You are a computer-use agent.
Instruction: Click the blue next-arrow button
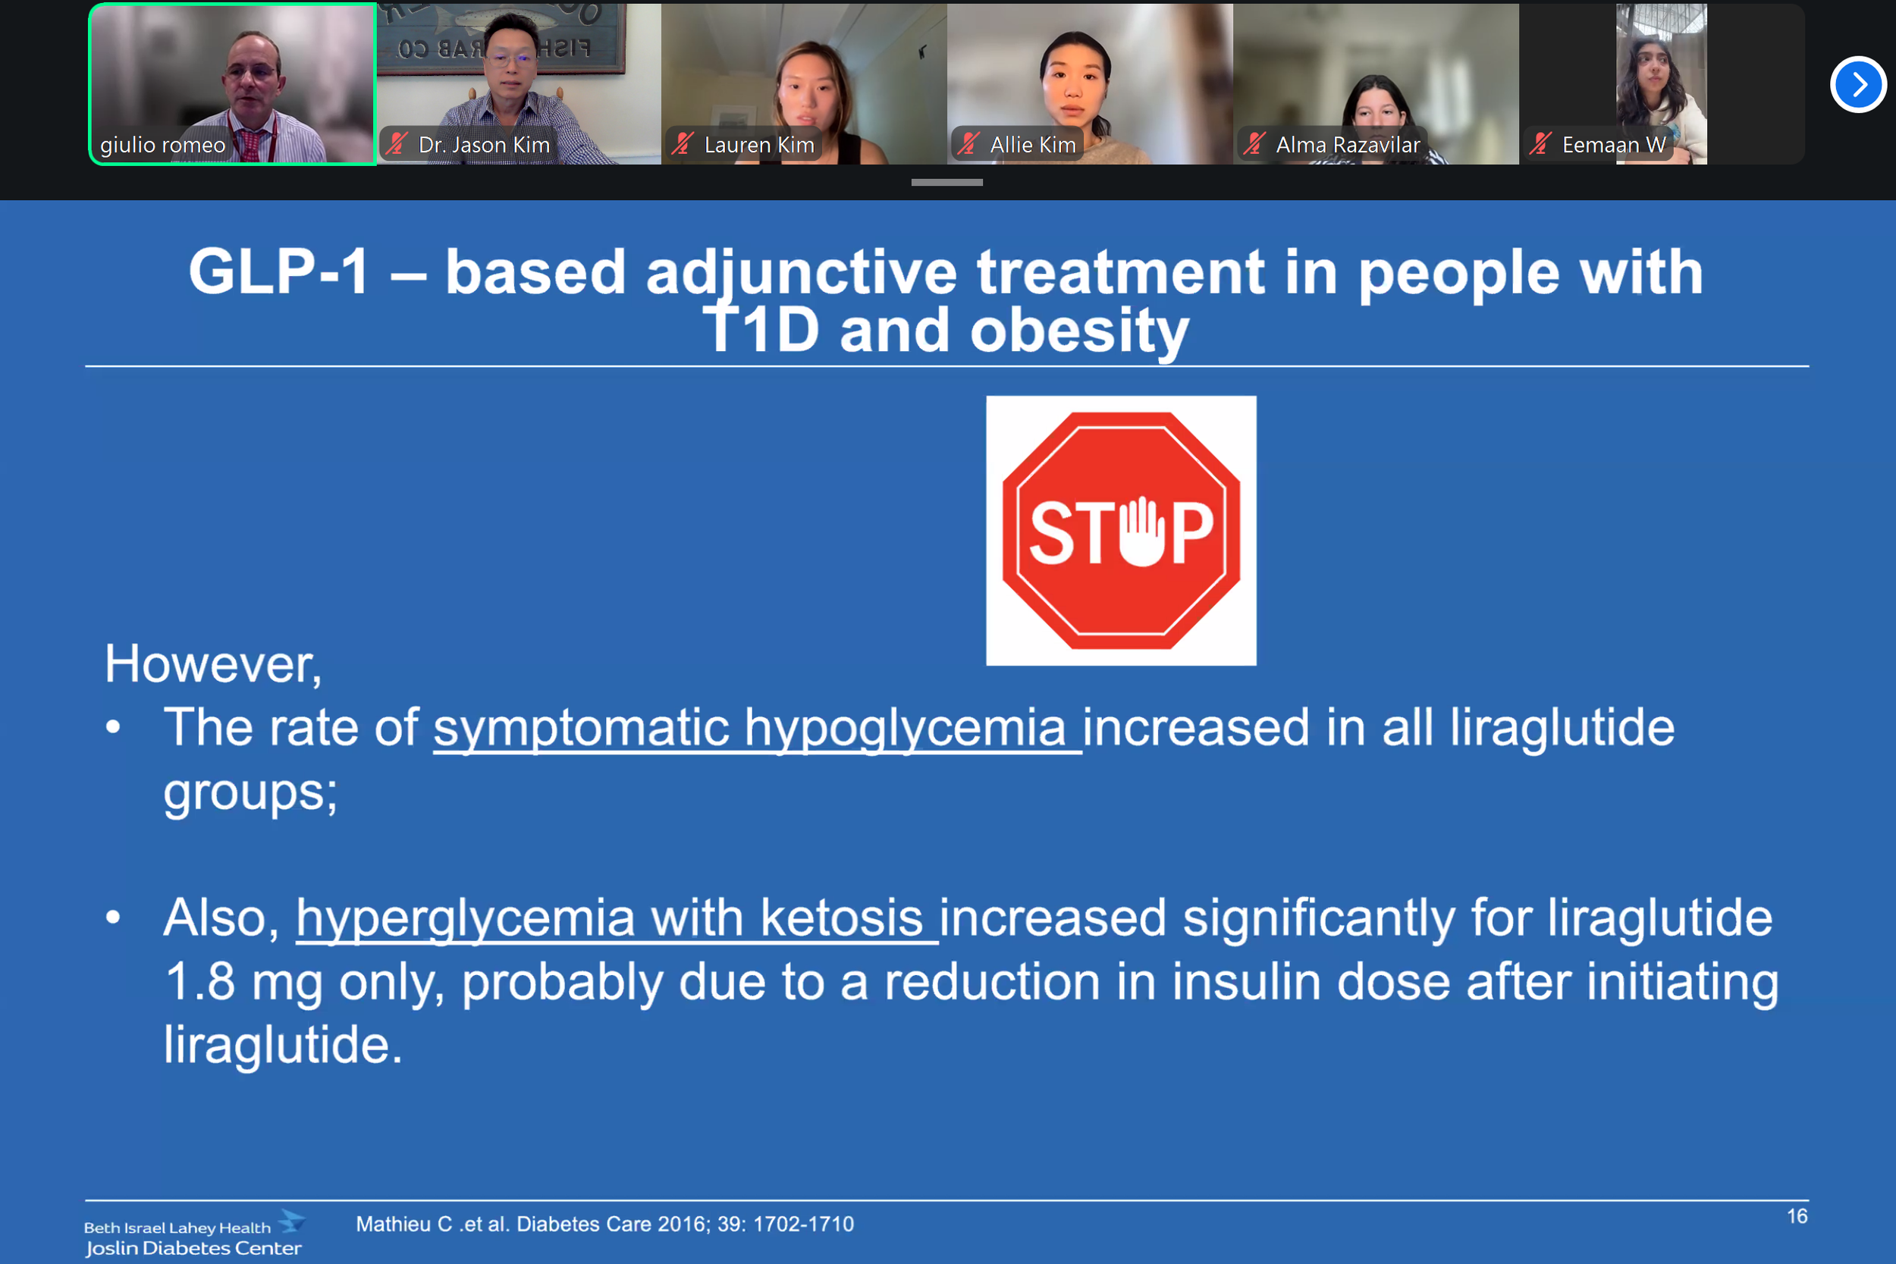(x=1857, y=85)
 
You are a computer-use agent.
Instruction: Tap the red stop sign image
(x=1120, y=531)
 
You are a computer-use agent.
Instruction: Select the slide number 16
(x=1797, y=1215)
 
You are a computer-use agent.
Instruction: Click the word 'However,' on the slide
(x=214, y=664)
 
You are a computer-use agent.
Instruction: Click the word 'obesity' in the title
(x=1079, y=331)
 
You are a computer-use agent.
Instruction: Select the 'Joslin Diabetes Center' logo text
(x=193, y=1248)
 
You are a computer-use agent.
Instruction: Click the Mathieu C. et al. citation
(x=604, y=1224)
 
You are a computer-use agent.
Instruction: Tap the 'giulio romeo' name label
(x=163, y=145)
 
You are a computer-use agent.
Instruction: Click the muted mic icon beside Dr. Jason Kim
(x=397, y=143)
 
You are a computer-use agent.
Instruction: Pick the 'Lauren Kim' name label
(x=759, y=145)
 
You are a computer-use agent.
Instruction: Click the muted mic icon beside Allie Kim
(x=968, y=143)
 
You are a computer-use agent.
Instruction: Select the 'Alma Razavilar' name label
(x=1348, y=145)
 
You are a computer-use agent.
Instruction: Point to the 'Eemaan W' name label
(x=1614, y=145)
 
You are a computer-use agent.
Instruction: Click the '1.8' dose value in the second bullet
(x=200, y=982)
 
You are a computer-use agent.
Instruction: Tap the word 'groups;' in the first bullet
(x=251, y=793)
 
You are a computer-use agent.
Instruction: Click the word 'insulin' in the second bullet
(x=1245, y=982)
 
